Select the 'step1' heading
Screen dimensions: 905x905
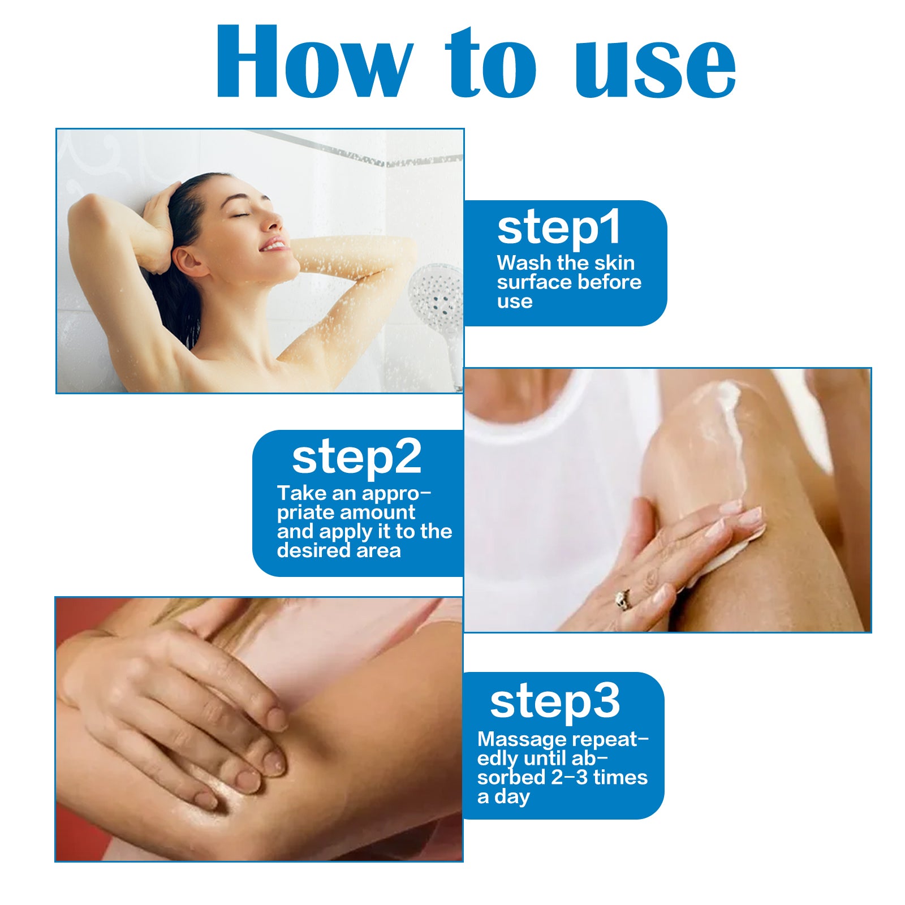(559, 228)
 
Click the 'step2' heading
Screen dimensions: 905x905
(356, 457)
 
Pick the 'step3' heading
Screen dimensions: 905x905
(554, 701)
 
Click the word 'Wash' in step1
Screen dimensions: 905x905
(524, 263)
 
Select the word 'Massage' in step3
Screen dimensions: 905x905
(522, 739)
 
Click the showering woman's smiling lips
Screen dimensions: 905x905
(275, 245)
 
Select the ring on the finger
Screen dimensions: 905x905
(623, 599)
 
